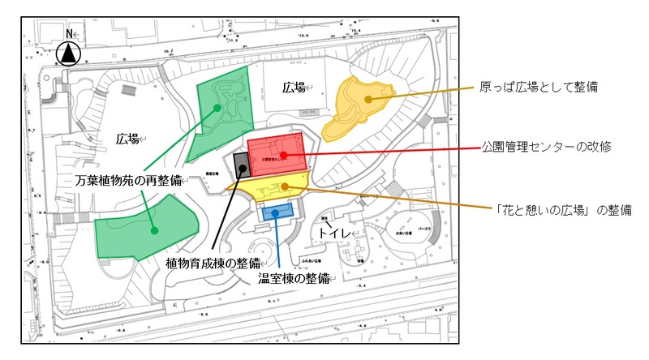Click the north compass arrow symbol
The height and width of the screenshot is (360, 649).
tap(70, 54)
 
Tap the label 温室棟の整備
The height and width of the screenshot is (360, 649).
tap(295, 278)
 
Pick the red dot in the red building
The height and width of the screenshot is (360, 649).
tap(282, 154)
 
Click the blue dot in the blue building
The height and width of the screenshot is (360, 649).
tap(276, 212)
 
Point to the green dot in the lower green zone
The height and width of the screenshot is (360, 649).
tap(153, 229)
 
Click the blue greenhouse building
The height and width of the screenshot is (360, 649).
tap(276, 213)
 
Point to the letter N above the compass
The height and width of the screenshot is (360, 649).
tap(70, 34)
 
